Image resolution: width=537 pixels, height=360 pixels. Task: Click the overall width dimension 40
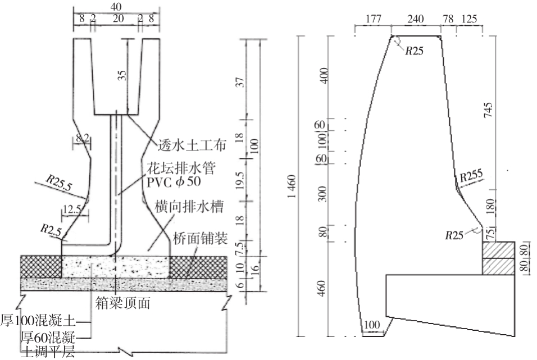117,6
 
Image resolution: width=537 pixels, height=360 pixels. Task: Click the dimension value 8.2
82,136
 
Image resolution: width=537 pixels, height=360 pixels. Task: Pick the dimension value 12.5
71,209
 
